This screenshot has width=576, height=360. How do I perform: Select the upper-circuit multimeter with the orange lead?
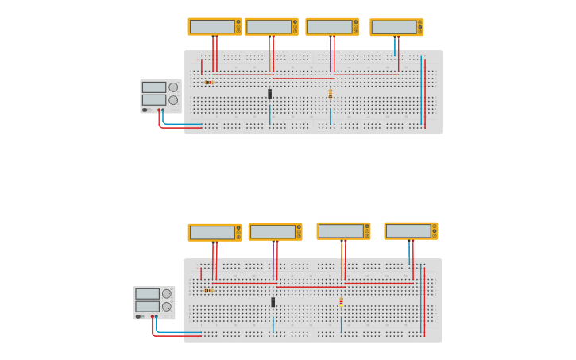click(x=271, y=27)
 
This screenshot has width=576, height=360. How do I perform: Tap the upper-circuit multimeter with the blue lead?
click(x=396, y=28)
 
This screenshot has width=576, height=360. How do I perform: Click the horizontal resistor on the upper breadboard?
click(x=208, y=82)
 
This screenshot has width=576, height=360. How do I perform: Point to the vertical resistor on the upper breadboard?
click(x=331, y=94)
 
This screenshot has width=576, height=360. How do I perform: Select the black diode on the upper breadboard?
click(x=270, y=94)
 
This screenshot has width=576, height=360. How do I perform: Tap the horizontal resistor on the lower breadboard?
click(x=208, y=291)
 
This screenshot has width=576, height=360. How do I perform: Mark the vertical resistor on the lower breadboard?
click(x=342, y=302)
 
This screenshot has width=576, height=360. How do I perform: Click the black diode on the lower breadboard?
click(x=273, y=302)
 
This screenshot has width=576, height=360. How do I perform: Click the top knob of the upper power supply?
click(x=173, y=87)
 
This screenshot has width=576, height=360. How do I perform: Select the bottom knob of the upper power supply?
click(x=173, y=100)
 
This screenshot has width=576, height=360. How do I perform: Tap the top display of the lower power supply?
click(x=147, y=294)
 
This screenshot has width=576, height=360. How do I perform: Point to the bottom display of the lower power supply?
click(x=147, y=306)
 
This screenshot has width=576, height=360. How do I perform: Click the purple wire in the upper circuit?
click(x=331, y=56)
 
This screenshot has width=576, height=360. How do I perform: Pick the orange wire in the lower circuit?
click(x=342, y=262)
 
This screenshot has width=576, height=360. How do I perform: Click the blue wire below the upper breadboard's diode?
click(x=270, y=114)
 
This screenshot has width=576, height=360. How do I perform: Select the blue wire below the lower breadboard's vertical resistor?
click(x=342, y=324)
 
